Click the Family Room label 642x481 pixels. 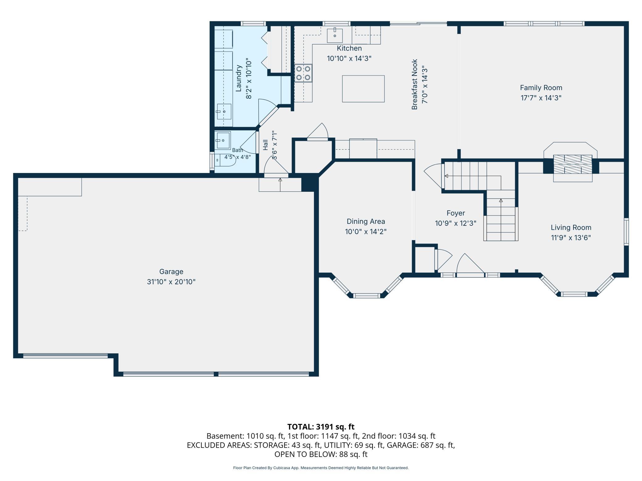point(541,88)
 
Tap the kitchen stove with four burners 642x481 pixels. point(303,73)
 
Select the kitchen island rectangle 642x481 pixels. point(363,88)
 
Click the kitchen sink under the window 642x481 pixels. point(335,35)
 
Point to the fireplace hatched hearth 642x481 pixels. point(573,164)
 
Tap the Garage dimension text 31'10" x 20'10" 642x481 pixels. point(171,282)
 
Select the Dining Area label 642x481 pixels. point(366,221)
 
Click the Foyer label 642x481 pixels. point(456,213)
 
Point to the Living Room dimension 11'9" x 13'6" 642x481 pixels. point(571,238)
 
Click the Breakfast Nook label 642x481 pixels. point(415,84)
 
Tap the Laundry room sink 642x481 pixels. point(224,111)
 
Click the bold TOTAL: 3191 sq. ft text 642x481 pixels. point(321,427)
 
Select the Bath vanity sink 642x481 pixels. point(223,140)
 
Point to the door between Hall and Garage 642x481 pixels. point(276,166)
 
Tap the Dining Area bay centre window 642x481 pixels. point(366,296)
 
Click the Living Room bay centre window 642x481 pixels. point(574,294)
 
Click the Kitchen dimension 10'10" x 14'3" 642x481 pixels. point(349,58)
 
